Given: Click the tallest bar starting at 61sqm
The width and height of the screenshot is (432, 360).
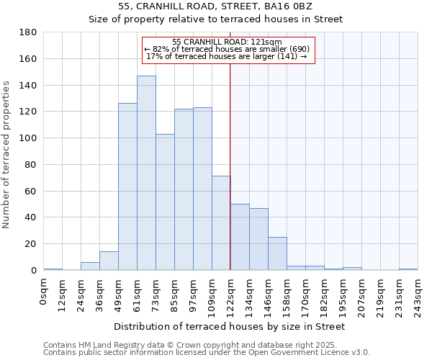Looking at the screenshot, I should (x=146, y=173).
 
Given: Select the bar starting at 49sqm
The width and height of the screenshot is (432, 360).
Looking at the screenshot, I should (x=127, y=186).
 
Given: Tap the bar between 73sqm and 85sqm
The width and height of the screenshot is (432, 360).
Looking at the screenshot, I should (x=165, y=202).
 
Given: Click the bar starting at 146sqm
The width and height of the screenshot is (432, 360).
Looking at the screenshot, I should (x=277, y=253).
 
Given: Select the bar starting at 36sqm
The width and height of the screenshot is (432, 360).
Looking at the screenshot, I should (x=109, y=261).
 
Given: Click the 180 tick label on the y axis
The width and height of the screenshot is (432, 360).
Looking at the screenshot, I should (x=28, y=32).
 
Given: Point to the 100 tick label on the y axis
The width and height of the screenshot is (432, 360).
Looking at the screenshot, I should (x=28, y=138).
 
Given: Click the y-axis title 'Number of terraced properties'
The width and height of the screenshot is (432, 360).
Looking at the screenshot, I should (x=6, y=155).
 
